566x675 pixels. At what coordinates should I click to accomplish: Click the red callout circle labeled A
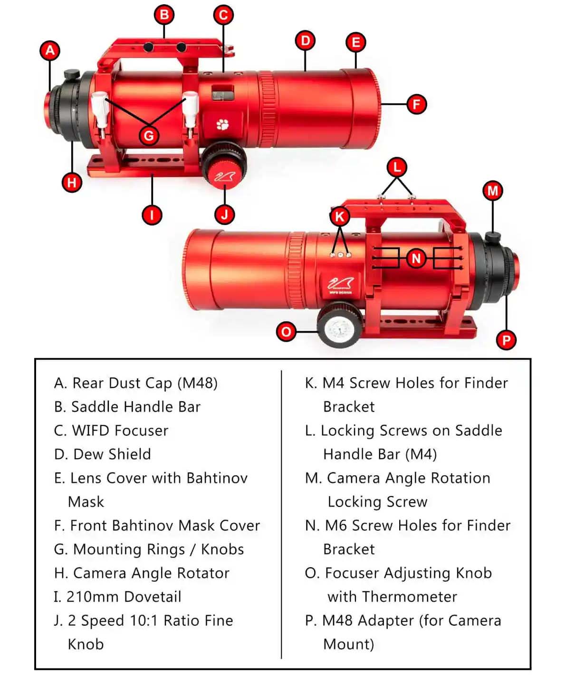50,50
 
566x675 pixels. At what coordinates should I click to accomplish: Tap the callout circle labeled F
416,104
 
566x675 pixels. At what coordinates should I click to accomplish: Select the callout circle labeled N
416,258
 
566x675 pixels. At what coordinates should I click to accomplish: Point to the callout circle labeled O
286,332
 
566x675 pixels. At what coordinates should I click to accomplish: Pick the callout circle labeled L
397,168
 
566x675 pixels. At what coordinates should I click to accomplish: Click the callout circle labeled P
506,340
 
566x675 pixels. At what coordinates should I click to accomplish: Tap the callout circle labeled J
225,215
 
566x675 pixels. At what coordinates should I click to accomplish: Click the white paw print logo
223,124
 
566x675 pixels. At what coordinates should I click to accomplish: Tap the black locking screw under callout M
492,237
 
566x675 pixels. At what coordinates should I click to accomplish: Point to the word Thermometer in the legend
409,597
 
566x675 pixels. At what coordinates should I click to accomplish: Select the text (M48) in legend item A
197,384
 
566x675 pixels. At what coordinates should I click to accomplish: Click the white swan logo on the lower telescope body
340,284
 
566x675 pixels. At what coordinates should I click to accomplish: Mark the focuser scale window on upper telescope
223,93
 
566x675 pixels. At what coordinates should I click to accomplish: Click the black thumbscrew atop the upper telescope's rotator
71,75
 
